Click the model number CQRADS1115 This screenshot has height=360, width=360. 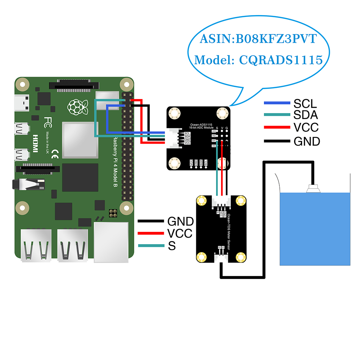coord(281,60)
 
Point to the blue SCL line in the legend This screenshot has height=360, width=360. coord(277,103)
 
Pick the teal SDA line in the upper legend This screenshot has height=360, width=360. coord(277,115)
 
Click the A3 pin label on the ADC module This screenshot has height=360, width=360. coord(213,131)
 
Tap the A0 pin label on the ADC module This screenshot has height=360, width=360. coord(213,146)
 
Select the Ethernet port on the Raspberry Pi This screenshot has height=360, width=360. coord(111,242)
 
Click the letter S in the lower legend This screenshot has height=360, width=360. coord(172,246)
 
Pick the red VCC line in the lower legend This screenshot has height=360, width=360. coord(151,233)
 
